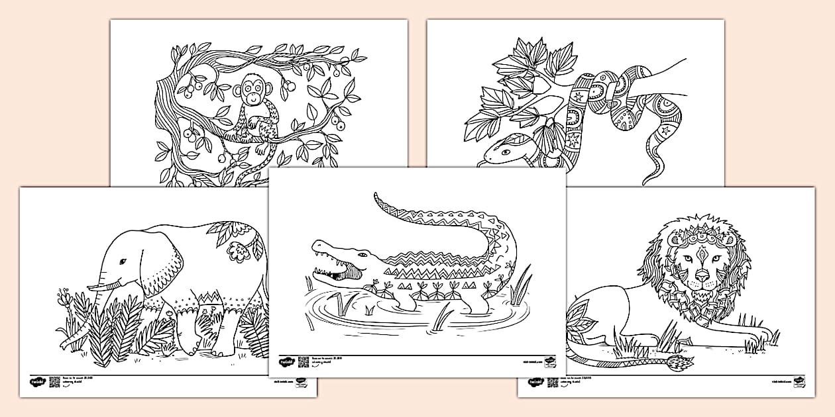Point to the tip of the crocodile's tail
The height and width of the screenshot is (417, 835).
(x=376, y=196)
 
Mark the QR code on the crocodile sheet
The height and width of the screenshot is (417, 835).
(x=304, y=361)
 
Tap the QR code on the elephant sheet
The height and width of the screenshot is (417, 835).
(x=54, y=382)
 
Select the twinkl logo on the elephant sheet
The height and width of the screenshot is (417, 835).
(x=36, y=382)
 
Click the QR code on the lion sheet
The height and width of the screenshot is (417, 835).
(x=552, y=382)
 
